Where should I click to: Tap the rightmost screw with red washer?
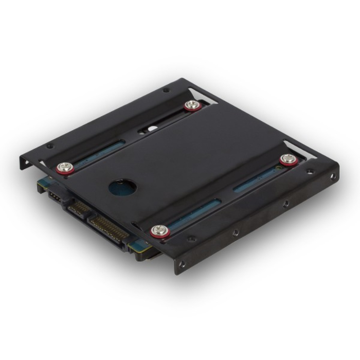tap(288, 159)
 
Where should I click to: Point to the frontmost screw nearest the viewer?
tap(158, 231)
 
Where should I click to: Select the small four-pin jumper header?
tap(55, 196)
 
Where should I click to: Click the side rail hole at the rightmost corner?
tap(332, 176)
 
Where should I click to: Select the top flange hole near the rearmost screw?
tap(166, 91)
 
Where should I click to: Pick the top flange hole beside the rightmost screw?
tap(310, 171)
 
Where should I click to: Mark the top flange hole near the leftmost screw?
tap(50, 146)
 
